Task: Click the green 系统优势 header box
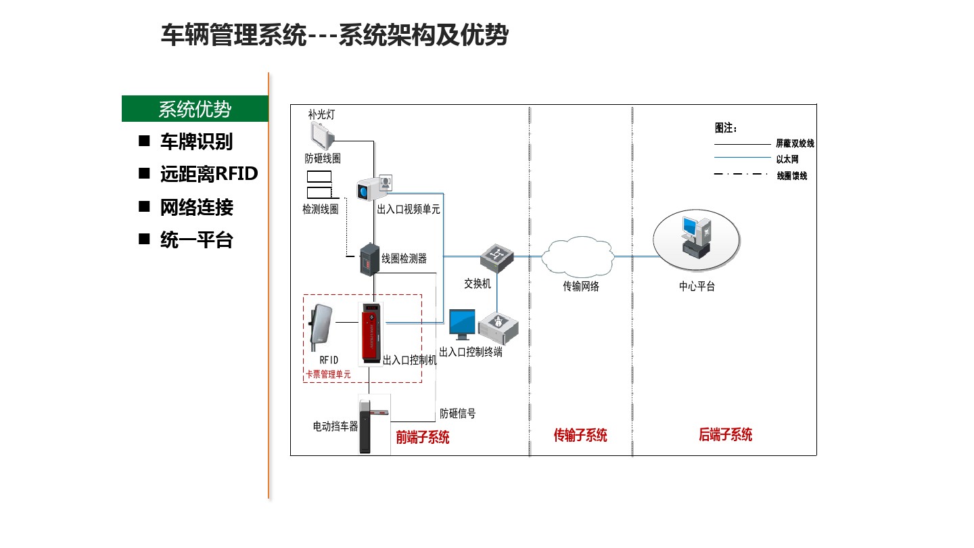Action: coord(195,109)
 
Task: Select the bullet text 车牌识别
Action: coord(196,141)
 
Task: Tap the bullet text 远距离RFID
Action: coord(209,174)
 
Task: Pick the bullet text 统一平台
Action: coord(196,239)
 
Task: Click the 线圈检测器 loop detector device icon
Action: coord(369,260)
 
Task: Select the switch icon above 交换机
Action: coord(497,258)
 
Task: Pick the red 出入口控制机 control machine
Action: coord(370,334)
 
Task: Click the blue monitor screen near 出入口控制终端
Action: coord(463,323)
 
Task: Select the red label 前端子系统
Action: coord(423,437)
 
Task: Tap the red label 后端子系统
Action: coord(725,434)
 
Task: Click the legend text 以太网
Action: coord(787,160)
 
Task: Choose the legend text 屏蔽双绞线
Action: coord(795,143)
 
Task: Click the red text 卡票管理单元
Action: coord(328,374)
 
